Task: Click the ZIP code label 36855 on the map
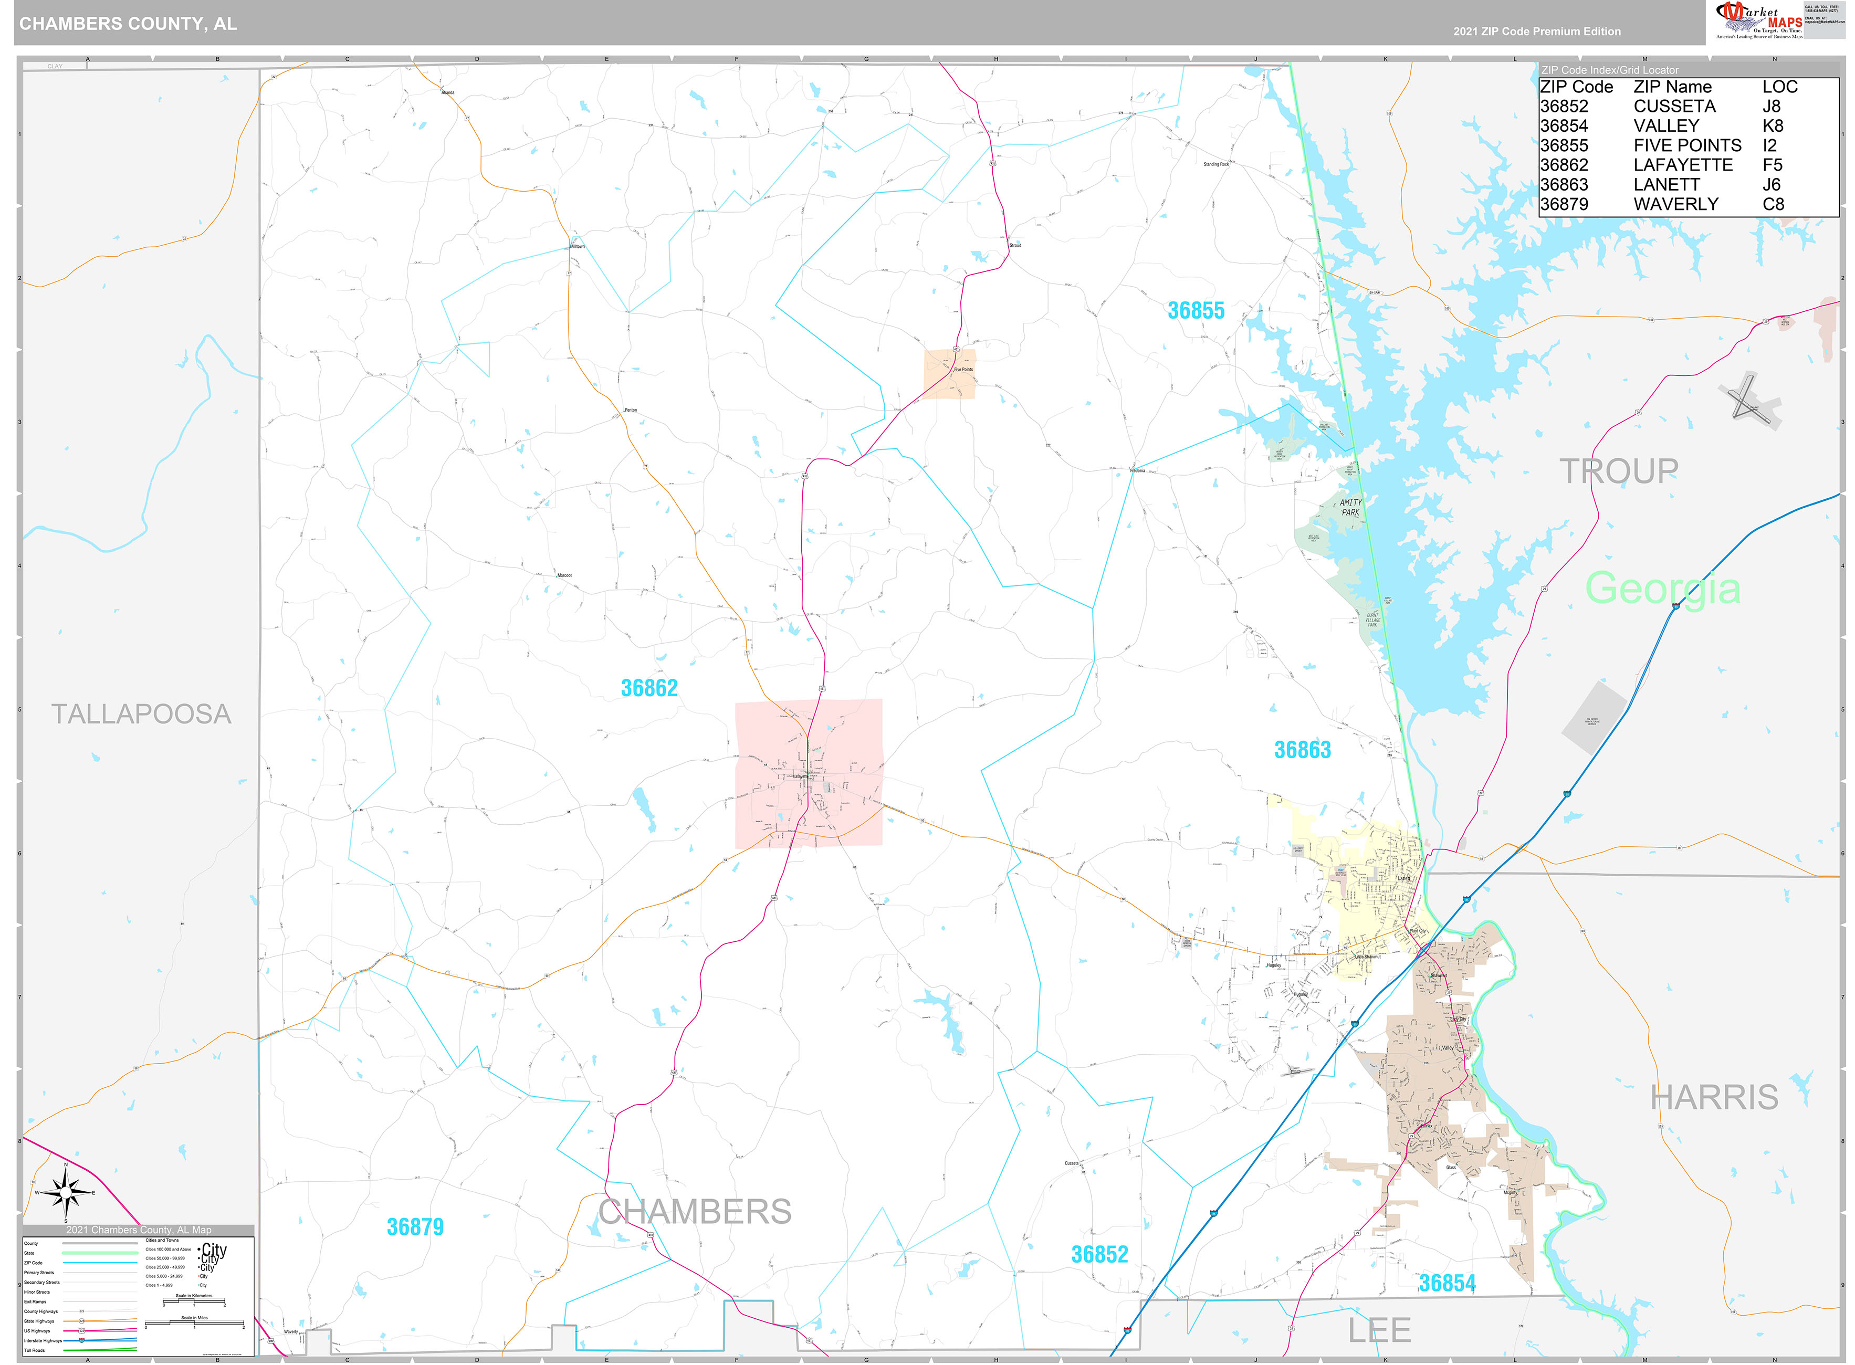coord(1195,311)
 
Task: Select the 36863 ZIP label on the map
coord(1302,750)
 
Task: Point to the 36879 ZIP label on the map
coord(415,1227)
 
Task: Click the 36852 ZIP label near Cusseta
coord(1099,1254)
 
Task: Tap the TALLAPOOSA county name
coord(141,714)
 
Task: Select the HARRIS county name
coord(1714,1097)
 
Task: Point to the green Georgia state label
coord(1662,589)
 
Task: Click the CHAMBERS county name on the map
coord(694,1212)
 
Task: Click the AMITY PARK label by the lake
coord(1350,507)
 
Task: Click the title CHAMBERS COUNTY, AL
coord(128,24)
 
